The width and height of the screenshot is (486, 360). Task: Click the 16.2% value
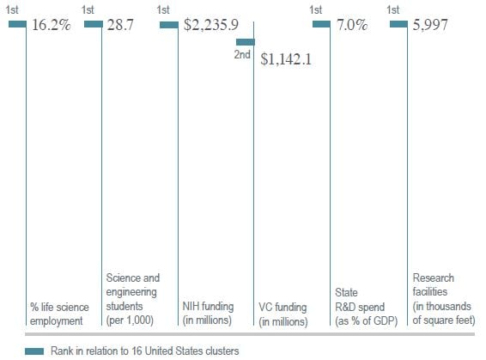pyautogui.click(x=52, y=25)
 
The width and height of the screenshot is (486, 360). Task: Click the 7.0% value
pyautogui.click(x=352, y=25)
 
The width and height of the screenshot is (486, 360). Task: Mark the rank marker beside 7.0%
pyautogui.click(x=321, y=24)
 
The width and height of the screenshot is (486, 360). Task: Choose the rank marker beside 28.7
pyautogui.click(x=94, y=24)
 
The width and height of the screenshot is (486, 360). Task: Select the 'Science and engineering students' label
pyautogui.click(x=132, y=292)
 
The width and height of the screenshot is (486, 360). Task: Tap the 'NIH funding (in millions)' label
pyautogui.click(x=210, y=314)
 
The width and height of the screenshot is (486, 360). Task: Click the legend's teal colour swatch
pyautogui.click(x=34, y=351)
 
